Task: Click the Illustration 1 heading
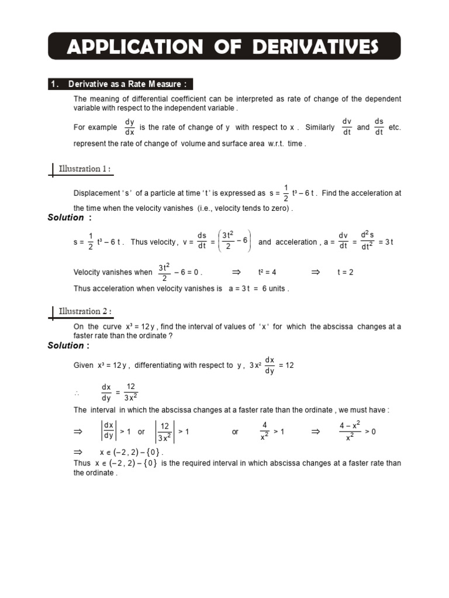[85, 169]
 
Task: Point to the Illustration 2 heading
[85, 311]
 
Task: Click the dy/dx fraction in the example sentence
[129, 127]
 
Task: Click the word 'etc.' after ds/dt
[395, 127]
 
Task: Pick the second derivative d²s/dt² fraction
[367, 241]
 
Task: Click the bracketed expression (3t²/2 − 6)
[236, 241]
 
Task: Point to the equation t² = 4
[267, 272]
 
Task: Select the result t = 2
[346, 272]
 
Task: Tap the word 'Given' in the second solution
[83, 366]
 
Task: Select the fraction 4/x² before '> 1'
[264, 432]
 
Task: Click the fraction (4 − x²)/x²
[349, 432]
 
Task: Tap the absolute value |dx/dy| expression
[108, 432]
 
